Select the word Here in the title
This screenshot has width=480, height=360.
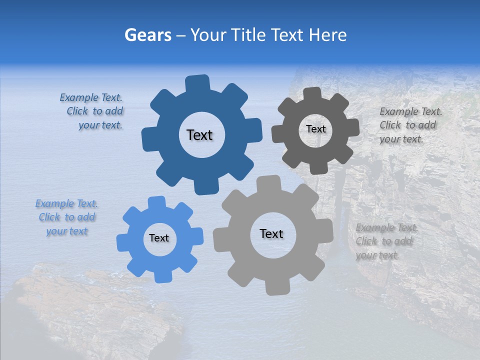[x=328, y=35]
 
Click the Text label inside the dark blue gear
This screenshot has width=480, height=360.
[x=199, y=135]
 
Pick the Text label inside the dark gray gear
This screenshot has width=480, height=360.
[x=315, y=129]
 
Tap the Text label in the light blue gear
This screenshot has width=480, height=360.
[x=159, y=238]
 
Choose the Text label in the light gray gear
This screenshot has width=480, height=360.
[x=271, y=233]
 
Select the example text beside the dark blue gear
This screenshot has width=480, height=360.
[x=93, y=111]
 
